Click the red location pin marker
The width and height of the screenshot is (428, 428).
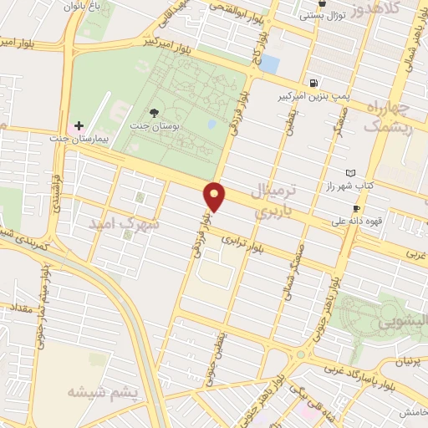pos(216,196)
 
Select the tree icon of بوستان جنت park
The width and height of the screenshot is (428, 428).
pos(153,112)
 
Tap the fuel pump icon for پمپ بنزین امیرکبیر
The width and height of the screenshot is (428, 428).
pos(313,83)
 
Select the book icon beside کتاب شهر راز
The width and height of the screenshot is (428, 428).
pos(350,173)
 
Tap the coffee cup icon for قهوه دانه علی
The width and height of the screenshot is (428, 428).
pos(356,208)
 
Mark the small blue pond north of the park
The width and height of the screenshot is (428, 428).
pos(271,63)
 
